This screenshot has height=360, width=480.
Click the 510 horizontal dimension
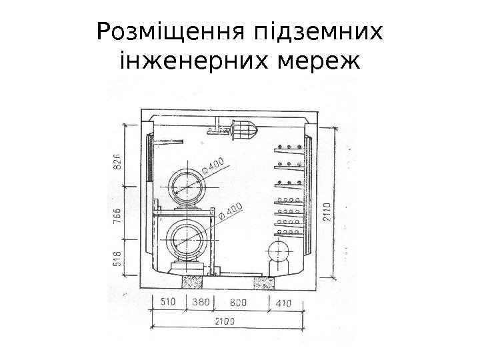tap(169, 303)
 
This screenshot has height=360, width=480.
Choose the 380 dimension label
tap(201, 303)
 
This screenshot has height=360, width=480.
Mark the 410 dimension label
tap(283, 303)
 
